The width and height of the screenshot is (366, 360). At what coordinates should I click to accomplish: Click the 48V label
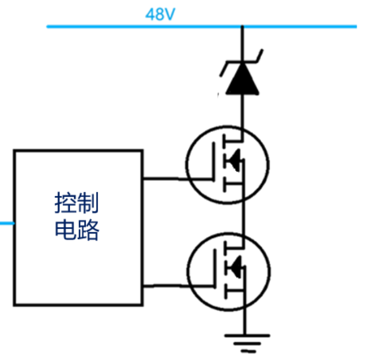point(160,14)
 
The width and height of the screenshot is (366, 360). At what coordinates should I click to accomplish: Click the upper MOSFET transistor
point(227,164)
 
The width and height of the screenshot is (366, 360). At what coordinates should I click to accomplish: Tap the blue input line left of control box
point(6,223)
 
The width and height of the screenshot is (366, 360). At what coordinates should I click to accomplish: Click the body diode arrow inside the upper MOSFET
point(233,162)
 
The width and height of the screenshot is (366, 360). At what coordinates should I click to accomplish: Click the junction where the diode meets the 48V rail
point(243,26)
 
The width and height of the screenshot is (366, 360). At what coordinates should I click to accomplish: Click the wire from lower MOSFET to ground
point(243,319)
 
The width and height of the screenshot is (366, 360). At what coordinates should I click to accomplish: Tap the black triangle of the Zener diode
point(242,83)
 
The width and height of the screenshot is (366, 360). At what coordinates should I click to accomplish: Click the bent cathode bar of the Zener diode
point(242,64)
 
